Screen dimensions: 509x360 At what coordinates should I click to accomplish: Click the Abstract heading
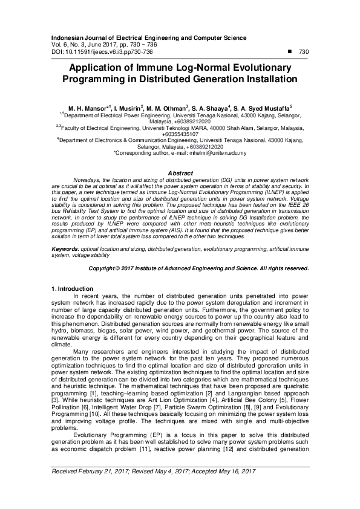pos(180,173)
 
